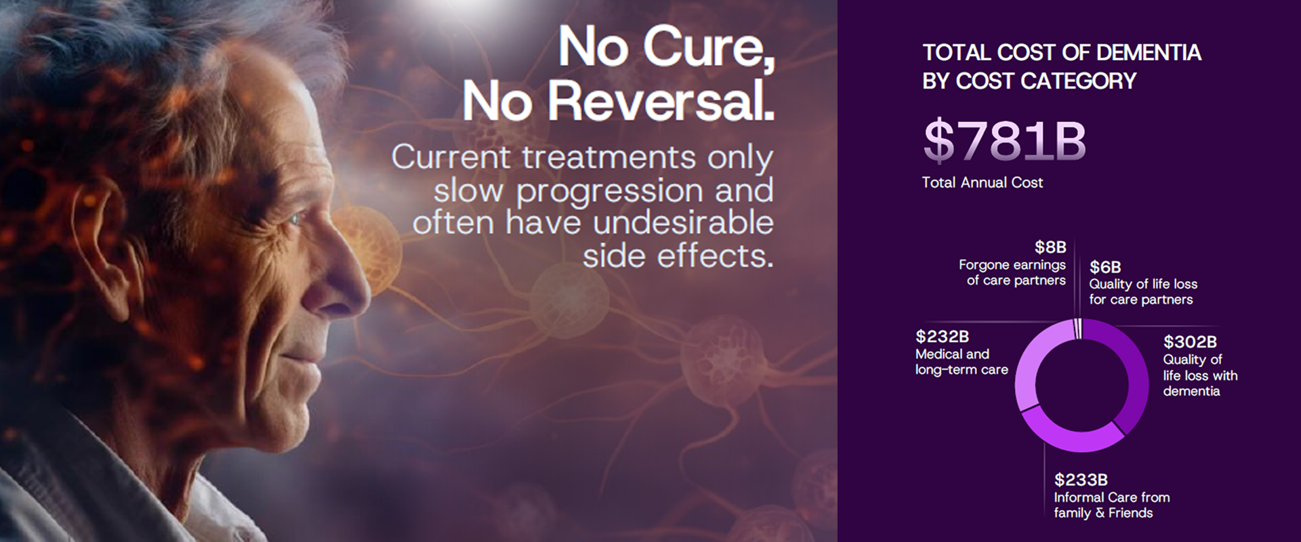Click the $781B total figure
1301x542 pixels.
pyautogui.click(x=1004, y=142)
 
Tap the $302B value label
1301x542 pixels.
pyautogui.click(x=1190, y=341)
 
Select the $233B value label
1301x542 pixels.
pyautogui.click(x=1081, y=480)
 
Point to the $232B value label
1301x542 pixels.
pyautogui.click(x=942, y=336)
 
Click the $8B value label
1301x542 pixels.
pyautogui.click(x=1050, y=247)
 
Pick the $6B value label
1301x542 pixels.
pyautogui.click(x=1105, y=267)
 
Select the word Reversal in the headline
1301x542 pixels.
pyautogui.click(x=661, y=102)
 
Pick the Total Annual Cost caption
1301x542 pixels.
pyautogui.click(x=983, y=182)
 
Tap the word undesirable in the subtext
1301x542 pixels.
pyautogui.click(x=683, y=223)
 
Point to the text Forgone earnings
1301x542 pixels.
pyautogui.click(x=1012, y=265)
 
